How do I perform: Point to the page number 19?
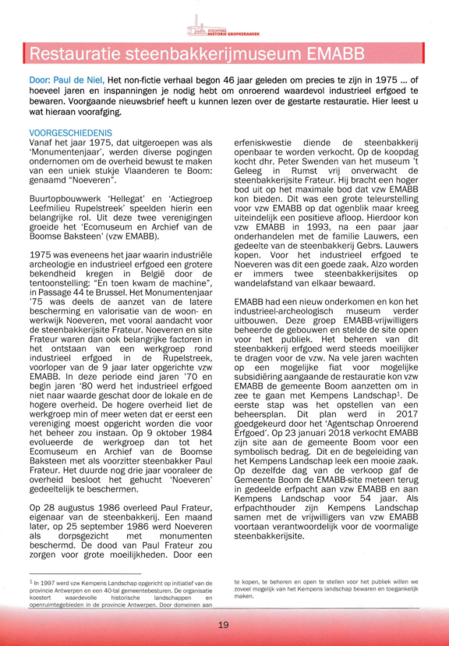(x=224, y=624)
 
